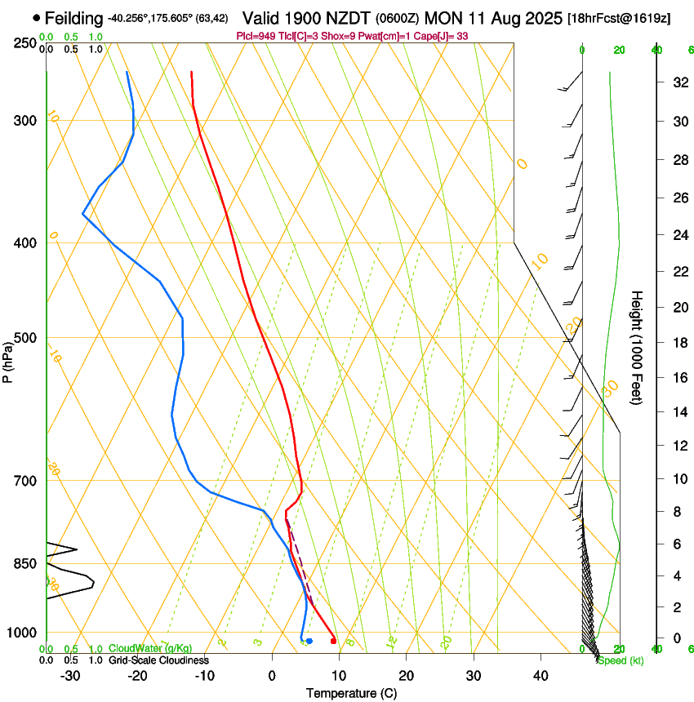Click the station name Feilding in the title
74,18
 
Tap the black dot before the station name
37,18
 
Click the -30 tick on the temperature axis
70,676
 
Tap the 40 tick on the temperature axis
540,676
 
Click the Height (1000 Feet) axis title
638,348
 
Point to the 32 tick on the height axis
678,82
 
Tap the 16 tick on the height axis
678,378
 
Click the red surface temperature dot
333,642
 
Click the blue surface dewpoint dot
309,642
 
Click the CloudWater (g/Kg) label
151,649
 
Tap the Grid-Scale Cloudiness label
158,660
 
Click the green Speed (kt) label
620,660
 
